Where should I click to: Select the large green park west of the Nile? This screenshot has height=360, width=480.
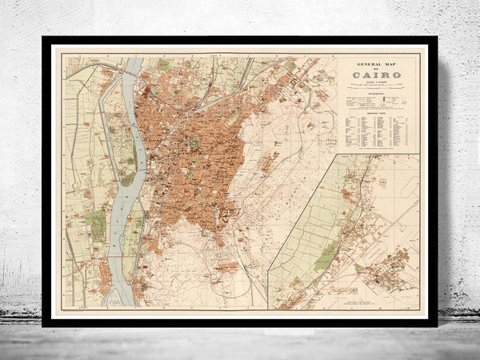[95, 225]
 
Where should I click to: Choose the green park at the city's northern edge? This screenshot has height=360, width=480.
[163, 65]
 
